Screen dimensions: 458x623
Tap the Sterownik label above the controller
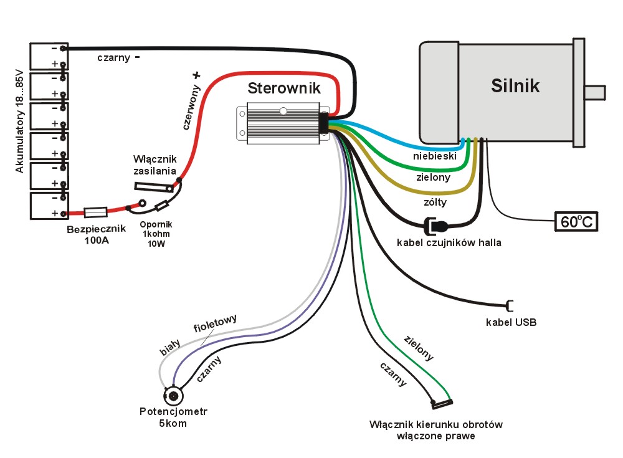pyautogui.click(x=284, y=88)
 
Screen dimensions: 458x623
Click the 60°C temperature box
pyautogui.click(x=576, y=222)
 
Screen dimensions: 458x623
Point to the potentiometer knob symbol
pyautogui.click(x=174, y=395)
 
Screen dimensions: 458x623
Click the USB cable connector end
pyautogui.click(x=510, y=305)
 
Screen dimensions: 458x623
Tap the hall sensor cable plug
pyautogui.click(x=435, y=225)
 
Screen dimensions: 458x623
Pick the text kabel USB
pyautogui.click(x=511, y=323)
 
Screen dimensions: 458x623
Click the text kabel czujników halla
pyautogui.click(x=449, y=242)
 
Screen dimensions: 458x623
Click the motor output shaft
pyautogui.click(x=594, y=92)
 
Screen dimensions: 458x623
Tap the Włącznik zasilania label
pyautogui.click(x=155, y=165)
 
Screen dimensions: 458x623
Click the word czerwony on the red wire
pyautogui.click(x=189, y=106)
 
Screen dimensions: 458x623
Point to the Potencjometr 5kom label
pyautogui.click(x=173, y=417)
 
